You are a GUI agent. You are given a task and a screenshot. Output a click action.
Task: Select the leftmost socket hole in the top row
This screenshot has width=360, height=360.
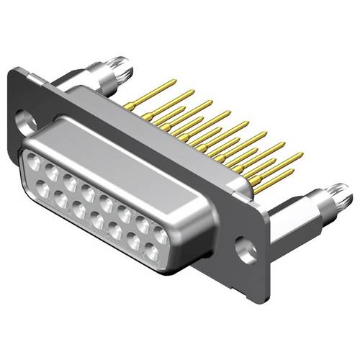(34, 162)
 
